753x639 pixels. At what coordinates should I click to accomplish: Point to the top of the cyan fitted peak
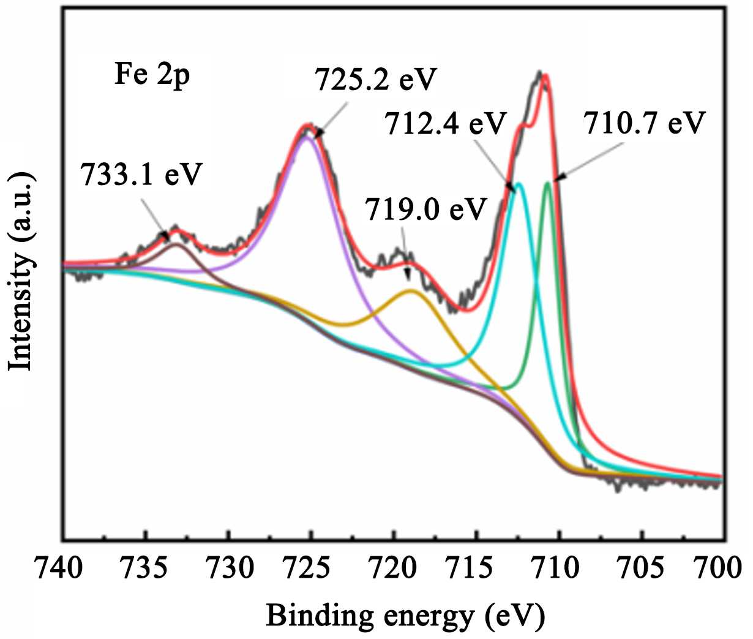pos(519,183)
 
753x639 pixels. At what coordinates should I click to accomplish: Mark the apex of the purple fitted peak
pos(306,137)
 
